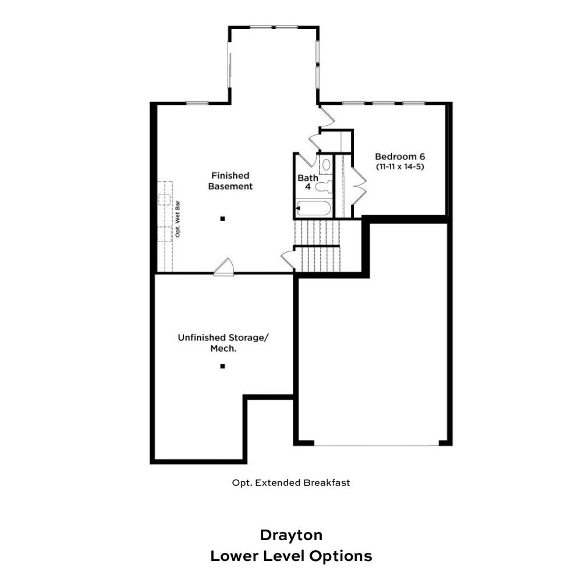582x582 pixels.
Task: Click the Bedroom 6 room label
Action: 400,157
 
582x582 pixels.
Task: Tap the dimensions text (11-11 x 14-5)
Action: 400,166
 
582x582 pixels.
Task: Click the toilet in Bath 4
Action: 323,187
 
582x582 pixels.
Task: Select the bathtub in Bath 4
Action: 313,208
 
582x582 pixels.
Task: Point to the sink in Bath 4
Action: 326,165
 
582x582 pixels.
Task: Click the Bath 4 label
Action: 308,182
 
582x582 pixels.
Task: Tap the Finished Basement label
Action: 230,181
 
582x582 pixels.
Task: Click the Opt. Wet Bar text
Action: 178,219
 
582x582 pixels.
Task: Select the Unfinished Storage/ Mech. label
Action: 223,343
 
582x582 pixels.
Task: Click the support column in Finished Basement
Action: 223,219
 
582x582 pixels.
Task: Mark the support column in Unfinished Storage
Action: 223,366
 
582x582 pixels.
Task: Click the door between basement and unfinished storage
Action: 224,267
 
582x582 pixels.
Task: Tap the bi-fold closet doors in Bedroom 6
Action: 359,186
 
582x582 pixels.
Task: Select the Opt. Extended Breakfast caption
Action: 291,482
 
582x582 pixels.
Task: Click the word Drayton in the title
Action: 291,535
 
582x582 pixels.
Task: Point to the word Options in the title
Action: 340,556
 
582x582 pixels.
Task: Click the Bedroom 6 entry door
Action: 327,117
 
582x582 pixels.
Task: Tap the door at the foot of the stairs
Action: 288,260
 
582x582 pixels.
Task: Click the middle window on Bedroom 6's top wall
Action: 384,103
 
